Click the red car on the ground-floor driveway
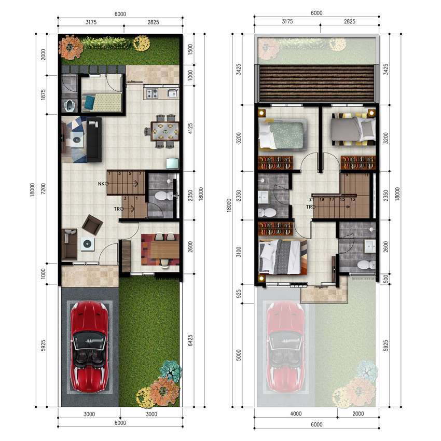point(89,347)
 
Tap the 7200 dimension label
point(43,189)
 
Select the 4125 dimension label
point(190,128)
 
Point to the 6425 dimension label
point(190,340)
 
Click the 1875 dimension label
point(43,95)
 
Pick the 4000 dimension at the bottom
point(296,414)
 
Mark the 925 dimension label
point(239,294)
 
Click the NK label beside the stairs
point(101,184)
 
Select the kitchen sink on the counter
point(172,93)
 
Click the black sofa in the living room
point(94,140)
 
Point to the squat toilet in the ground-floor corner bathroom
point(68,106)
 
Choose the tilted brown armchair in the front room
point(92,225)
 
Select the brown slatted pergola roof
point(316,83)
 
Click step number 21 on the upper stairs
point(311,199)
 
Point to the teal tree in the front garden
point(170,370)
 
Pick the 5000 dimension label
point(239,355)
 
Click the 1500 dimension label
point(190,49)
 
